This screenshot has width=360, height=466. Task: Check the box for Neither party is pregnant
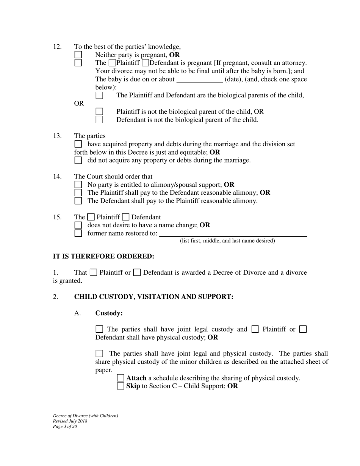coord(78,55)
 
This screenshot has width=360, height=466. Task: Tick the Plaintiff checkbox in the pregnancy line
coord(112,63)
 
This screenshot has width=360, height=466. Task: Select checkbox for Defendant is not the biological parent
coord(99,120)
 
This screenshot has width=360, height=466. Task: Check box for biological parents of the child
coord(99,95)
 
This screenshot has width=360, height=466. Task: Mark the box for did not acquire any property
coord(78,160)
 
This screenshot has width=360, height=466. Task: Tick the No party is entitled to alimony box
coord(78,185)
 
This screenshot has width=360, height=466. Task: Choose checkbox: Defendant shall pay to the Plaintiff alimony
coord(78,201)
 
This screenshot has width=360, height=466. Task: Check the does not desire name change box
coord(78,225)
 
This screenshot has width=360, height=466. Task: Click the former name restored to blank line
coord(233,233)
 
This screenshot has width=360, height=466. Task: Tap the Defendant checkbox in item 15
coord(126,217)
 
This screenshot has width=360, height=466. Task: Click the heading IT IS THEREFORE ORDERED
coord(103,256)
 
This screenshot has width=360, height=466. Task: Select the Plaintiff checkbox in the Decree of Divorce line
coord(94,272)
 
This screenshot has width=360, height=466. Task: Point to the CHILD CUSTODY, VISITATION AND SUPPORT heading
coord(153,297)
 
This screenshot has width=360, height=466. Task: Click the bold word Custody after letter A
coord(109,313)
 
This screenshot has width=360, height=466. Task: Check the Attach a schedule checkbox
coord(121,378)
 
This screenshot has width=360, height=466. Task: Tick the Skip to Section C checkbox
coord(121,386)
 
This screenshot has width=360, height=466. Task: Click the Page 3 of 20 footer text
coord(65,427)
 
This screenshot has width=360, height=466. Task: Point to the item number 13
coord(57,136)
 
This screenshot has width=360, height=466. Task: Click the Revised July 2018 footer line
coord(70,421)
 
